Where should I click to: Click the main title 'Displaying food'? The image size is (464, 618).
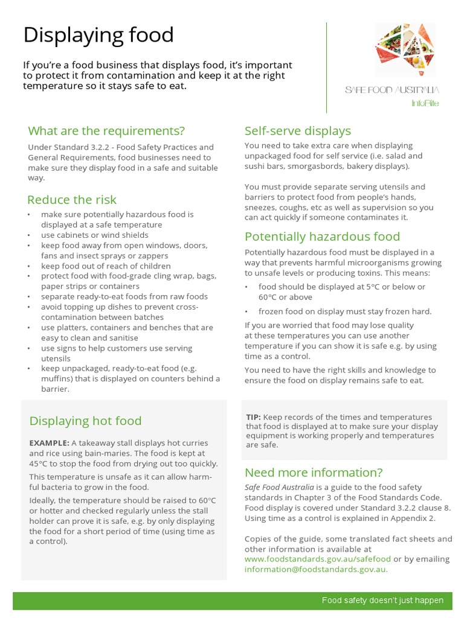tap(98, 35)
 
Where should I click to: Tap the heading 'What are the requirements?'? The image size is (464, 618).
tap(106, 131)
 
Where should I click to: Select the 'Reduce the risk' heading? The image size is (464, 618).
tap(72, 200)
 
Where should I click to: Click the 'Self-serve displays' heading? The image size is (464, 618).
tap(297, 131)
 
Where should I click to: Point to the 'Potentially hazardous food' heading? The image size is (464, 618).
tap(322, 237)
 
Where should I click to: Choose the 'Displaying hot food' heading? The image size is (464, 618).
tap(85, 421)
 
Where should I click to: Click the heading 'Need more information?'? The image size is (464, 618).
tap(314, 472)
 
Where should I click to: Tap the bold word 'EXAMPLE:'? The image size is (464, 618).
tap(49, 442)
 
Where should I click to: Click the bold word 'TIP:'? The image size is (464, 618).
tap(253, 417)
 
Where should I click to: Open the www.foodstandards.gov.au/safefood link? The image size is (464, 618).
tap(317, 559)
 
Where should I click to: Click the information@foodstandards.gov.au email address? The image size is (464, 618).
tap(316, 569)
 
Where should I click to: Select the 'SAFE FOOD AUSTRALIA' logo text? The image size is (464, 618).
tap(392, 90)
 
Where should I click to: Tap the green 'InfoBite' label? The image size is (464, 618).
tap(425, 103)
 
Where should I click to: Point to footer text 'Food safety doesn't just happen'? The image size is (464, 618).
tap(382, 600)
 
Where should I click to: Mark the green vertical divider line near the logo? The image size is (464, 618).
tap(327, 68)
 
